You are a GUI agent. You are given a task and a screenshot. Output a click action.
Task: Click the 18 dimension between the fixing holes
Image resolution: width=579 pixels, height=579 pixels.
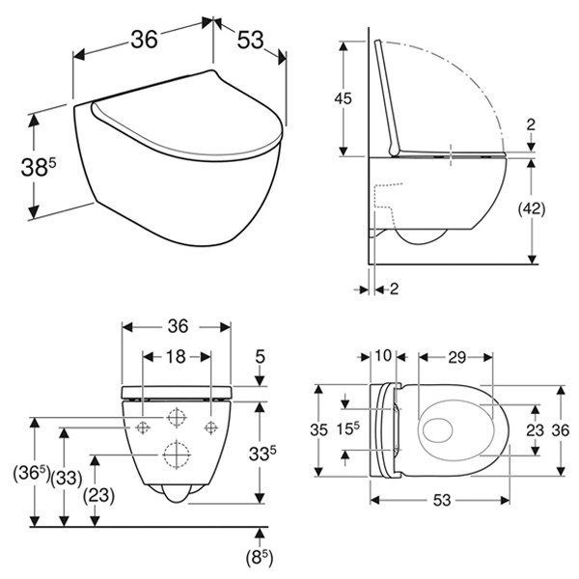(x=177, y=356)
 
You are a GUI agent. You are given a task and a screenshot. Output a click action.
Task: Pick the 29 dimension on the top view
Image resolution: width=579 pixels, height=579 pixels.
(x=456, y=356)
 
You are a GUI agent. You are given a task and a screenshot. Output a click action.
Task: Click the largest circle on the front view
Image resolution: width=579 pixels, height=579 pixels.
(x=177, y=453)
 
